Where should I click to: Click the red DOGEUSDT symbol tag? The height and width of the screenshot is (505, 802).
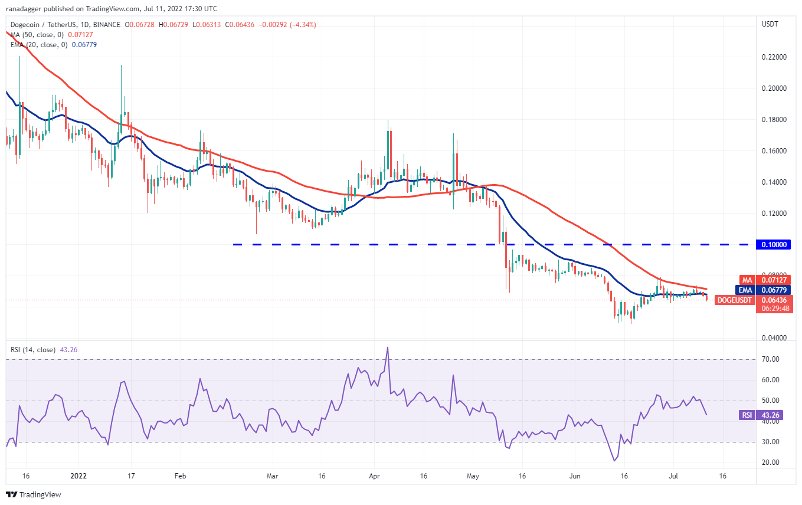735,300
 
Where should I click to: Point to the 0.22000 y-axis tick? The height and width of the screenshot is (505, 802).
774,57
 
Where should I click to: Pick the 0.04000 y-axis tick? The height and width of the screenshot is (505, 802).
774,338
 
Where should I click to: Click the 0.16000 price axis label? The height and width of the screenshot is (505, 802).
774,151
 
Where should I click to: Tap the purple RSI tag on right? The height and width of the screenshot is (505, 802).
747,415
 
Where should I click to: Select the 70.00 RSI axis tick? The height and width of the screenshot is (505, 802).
771,359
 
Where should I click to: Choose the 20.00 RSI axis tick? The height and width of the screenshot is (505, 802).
771,463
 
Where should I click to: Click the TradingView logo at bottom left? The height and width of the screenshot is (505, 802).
34,495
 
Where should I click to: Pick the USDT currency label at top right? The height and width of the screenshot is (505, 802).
771,25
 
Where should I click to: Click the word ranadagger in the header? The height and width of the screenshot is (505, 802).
26,9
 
